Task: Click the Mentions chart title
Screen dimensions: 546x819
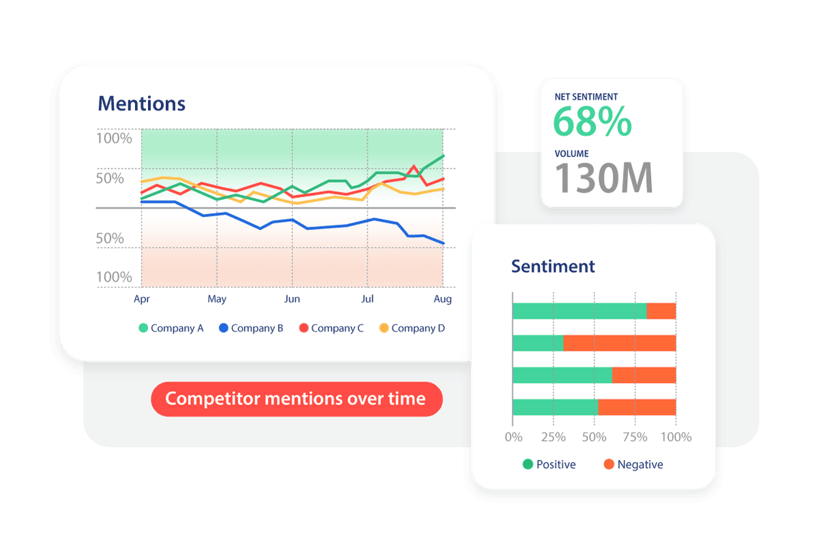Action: [x=141, y=104]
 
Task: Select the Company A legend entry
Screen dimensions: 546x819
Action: [x=171, y=328]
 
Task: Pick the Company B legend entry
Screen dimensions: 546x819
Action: [x=250, y=328]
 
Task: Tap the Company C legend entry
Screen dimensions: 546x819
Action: [x=331, y=328]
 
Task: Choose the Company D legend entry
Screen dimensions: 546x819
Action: [x=412, y=328]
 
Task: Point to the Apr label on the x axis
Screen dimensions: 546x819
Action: [x=142, y=299]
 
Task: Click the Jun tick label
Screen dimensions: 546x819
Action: [x=292, y=299]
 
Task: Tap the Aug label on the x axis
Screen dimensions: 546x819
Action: [x=442, y=299]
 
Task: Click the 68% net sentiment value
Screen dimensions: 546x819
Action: [x=592, y=122]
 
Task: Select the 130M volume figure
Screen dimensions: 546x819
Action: [x=603, y=177]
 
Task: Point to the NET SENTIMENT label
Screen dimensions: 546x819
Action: [x=586, y=97]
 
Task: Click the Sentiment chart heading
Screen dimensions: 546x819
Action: [x=553, y=266]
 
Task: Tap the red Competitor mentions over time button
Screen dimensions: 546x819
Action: [x=296, y=399]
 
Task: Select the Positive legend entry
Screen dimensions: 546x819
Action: [x=549, y=465]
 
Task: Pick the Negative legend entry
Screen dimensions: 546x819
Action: [x=633, y=465]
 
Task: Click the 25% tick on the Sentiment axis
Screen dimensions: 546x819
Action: [x=554, y=437]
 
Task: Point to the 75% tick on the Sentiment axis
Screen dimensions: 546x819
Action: [x=635, y=437]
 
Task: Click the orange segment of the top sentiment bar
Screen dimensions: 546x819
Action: [x=661, y=311]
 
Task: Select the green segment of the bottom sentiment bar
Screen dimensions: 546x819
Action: [x=555, y=407]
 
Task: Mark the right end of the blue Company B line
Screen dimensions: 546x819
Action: [x=444, y=243]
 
